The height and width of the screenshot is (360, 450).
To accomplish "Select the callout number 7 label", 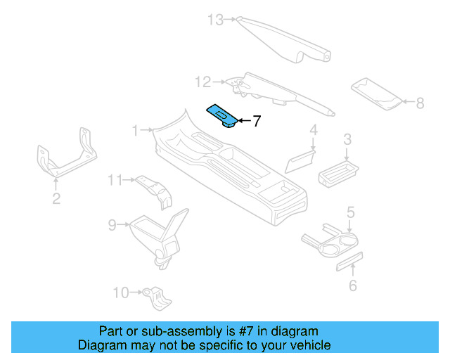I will pos(257,121).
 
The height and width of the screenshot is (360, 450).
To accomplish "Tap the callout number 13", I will pos(214,20).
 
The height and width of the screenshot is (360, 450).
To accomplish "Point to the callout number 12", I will pos(202,83).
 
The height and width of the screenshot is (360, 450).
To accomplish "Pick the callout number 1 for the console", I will pos(136,130).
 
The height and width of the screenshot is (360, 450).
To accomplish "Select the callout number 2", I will pos(56,199).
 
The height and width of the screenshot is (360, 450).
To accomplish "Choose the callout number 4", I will pos(314,130).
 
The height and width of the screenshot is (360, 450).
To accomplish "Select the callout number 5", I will pos(350,211).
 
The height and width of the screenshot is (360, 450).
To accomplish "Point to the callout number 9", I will pos(112,225).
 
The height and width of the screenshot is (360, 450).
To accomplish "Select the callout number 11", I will pos(115,181).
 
